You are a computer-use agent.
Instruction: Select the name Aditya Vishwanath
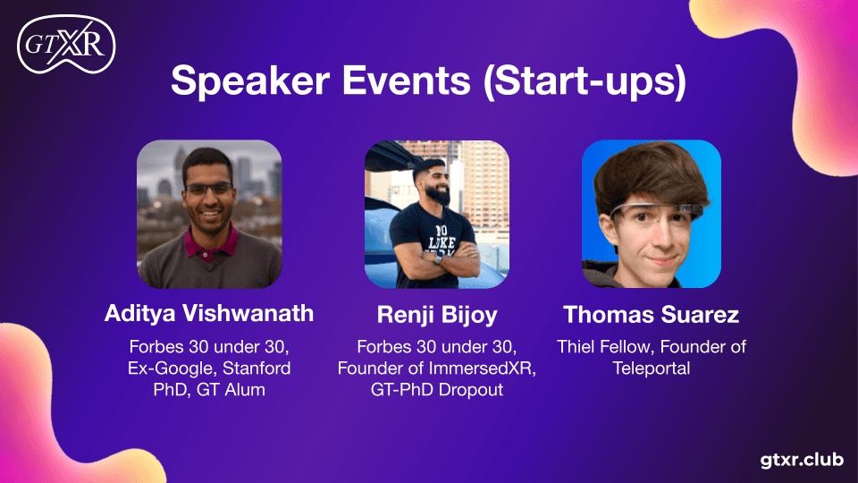209,313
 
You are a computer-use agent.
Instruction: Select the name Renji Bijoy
437,315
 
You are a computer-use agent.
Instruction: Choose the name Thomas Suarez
651,315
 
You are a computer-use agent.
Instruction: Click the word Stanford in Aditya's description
257,368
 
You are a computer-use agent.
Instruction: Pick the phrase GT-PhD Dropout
437,390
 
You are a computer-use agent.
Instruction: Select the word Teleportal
651,368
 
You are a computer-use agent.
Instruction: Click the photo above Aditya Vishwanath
209,214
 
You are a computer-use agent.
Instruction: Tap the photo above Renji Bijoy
437,214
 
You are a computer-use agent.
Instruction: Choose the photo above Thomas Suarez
651,214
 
